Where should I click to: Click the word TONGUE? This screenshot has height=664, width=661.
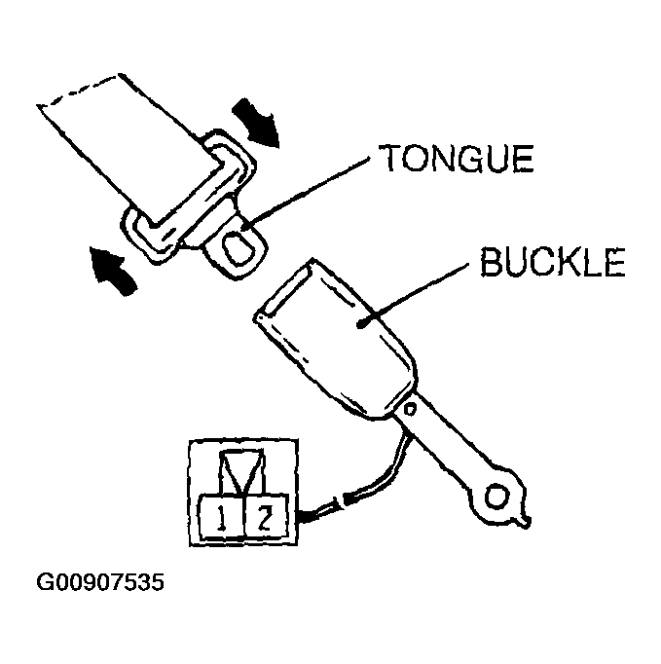click(456, 158)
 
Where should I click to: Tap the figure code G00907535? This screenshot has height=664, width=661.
click(100, 582)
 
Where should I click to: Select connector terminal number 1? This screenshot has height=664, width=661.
click(221, 517)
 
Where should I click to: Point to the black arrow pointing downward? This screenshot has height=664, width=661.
click(257, 123)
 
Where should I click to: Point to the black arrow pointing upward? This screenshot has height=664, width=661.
click(113, 270)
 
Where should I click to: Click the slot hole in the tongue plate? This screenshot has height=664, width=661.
click(239, 248)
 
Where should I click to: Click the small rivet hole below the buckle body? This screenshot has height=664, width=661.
click(410, 410)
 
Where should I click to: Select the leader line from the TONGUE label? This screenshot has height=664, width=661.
click(306, 192)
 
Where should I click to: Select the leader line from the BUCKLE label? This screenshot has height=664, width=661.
click(414, 295)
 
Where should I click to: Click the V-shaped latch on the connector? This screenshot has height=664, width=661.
click(242, 471)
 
